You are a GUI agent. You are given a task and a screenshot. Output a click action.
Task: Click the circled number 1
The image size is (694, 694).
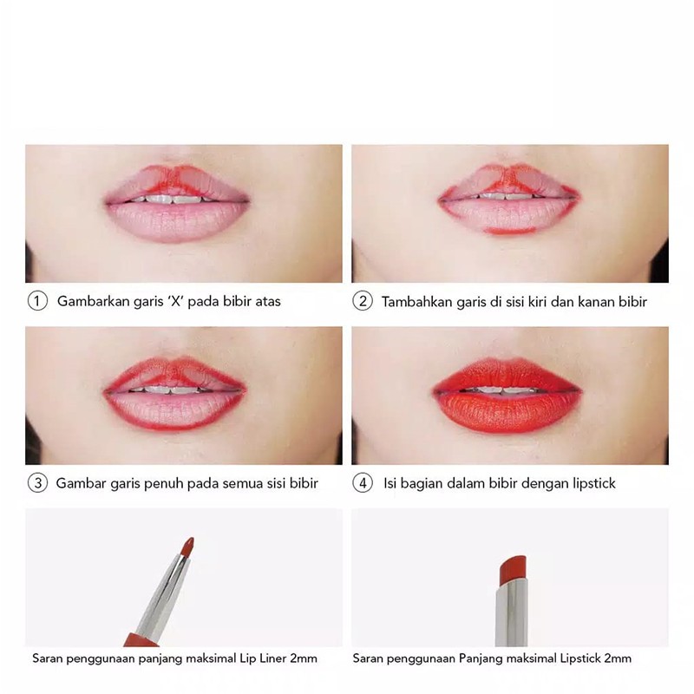(x=37, y=301)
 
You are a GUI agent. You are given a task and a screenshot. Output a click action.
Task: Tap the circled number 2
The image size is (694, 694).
(x=363, y=301)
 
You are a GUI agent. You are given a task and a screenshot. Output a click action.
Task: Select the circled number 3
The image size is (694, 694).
(x=37, y=483)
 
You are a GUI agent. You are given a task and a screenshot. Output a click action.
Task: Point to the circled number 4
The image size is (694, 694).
(x=363, y=483)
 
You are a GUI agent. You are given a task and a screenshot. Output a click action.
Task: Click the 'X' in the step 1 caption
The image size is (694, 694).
(x=177, y=301)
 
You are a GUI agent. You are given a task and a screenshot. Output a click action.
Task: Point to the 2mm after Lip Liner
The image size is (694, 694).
(x=304, y=658)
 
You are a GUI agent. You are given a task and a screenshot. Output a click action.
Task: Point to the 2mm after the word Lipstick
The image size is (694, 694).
(x=618, y=658)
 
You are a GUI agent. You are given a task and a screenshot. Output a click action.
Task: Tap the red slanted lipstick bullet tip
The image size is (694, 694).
(x=513, y=569)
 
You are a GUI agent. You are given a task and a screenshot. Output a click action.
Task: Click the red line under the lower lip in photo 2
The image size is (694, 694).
(x=510, y=231)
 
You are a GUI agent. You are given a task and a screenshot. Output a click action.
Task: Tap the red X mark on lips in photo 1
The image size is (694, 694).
(x=178, y=179)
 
